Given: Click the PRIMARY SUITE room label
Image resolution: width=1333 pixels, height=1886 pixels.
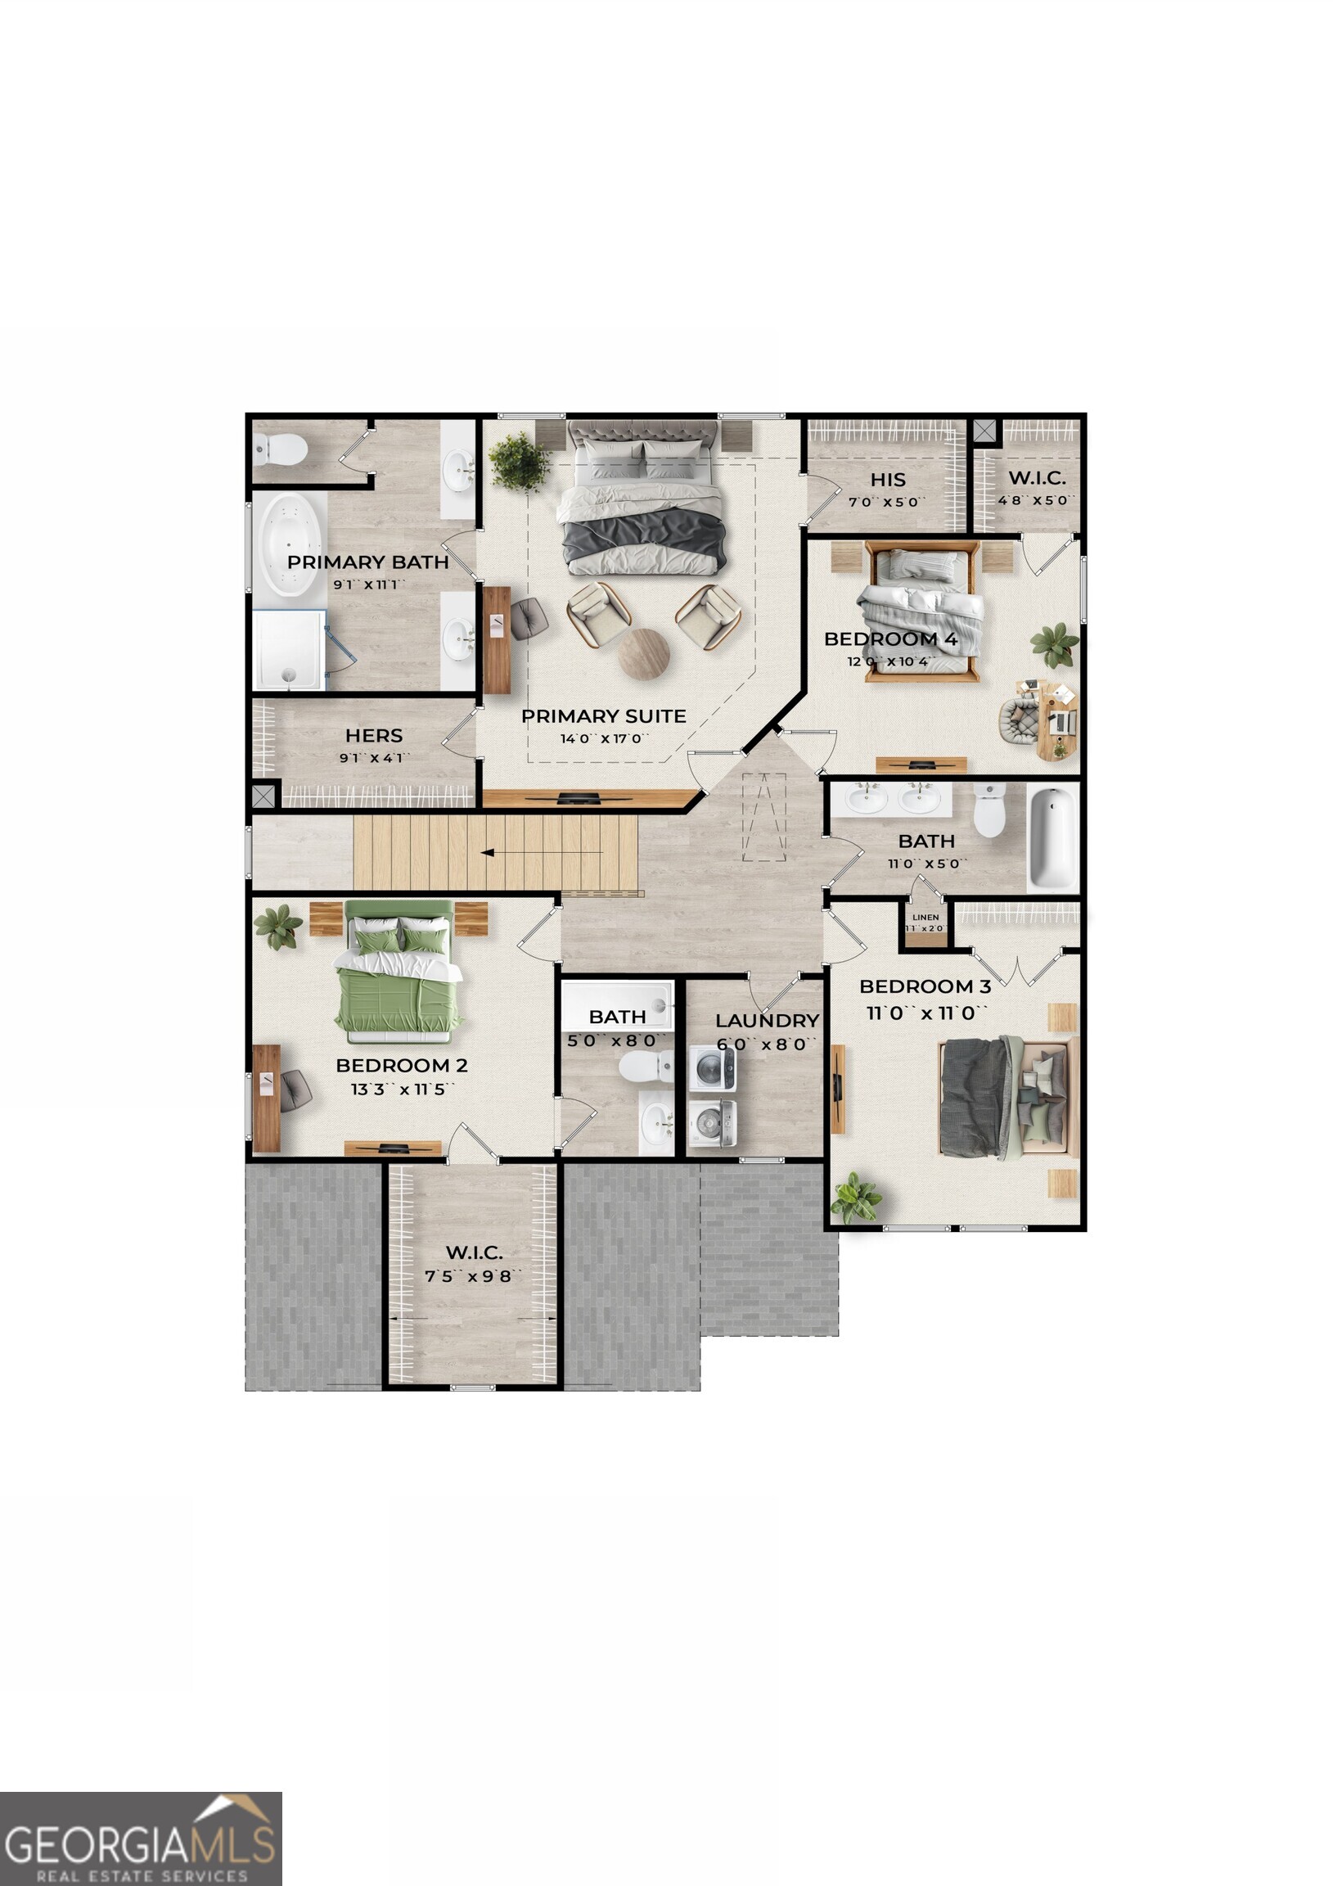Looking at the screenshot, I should [604, 716].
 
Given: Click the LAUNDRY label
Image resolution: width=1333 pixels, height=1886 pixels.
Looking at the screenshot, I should [767, 1020].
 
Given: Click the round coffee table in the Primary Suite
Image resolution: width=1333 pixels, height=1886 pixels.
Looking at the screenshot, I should [644, 654].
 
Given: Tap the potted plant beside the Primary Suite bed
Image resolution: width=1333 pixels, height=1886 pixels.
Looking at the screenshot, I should [519, 462].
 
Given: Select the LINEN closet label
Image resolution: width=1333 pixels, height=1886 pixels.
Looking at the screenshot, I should [925, 918].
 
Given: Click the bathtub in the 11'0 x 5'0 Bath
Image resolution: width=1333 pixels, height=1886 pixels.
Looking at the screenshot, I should [1052, 837].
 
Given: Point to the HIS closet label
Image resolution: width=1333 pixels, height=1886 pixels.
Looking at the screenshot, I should [888, 480].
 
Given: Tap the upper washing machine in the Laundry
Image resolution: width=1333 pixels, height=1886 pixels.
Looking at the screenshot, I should [712, 1068].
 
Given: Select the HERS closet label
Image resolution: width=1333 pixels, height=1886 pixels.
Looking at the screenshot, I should [374, 735].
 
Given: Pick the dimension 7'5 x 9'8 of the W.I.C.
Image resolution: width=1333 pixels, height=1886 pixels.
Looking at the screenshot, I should [474, 1275].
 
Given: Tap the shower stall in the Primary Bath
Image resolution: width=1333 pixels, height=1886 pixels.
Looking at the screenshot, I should [288, 649].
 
